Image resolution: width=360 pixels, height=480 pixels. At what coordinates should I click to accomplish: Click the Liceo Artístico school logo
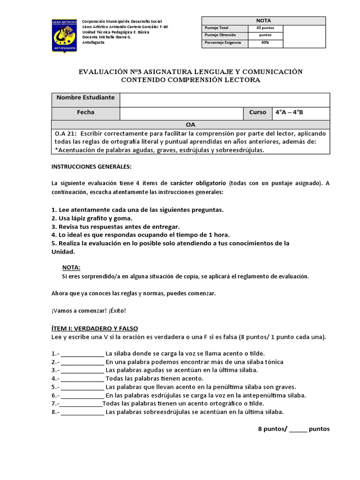tap(65, 36)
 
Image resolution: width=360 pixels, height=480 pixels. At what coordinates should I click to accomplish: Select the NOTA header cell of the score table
tap(263, 20)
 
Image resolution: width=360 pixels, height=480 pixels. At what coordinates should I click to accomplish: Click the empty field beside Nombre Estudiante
tap(225, 99)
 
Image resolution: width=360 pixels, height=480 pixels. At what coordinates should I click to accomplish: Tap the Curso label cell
tap(257, 113)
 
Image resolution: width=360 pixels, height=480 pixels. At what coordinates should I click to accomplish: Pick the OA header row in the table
tap(190, 125)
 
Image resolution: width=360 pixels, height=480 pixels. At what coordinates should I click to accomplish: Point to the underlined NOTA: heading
tap(71, 267)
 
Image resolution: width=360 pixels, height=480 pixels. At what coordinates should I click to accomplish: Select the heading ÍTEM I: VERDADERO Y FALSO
tap(94, 328)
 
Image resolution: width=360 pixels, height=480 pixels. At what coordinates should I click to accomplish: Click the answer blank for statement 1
tap(82, 354)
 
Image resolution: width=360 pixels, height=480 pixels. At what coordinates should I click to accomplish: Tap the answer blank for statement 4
tap(82, 379)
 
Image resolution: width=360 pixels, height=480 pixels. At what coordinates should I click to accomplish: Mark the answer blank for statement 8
tap(82, 412)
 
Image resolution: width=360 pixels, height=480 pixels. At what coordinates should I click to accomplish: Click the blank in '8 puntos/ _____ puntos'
tap(298, 429)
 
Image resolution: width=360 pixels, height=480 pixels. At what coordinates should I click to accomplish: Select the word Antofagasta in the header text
tap(94, 43)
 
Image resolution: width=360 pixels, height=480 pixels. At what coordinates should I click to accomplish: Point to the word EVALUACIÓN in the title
tap(103, 72)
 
